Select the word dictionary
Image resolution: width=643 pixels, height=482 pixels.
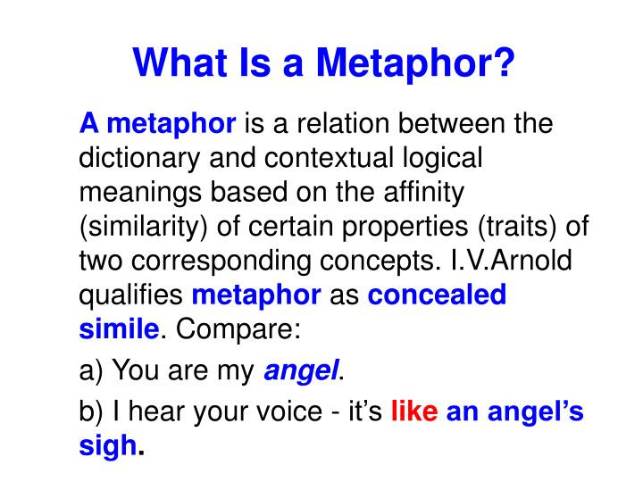(134, 158)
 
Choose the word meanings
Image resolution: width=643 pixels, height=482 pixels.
(139, 194)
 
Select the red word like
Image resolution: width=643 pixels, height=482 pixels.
(414, 413)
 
